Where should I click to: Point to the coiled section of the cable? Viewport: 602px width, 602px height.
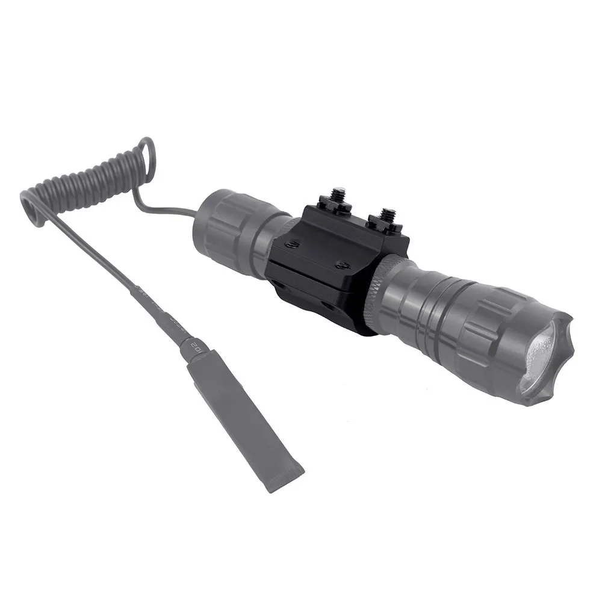coord(90,181)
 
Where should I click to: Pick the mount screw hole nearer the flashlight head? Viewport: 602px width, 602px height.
coord(343,265)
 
